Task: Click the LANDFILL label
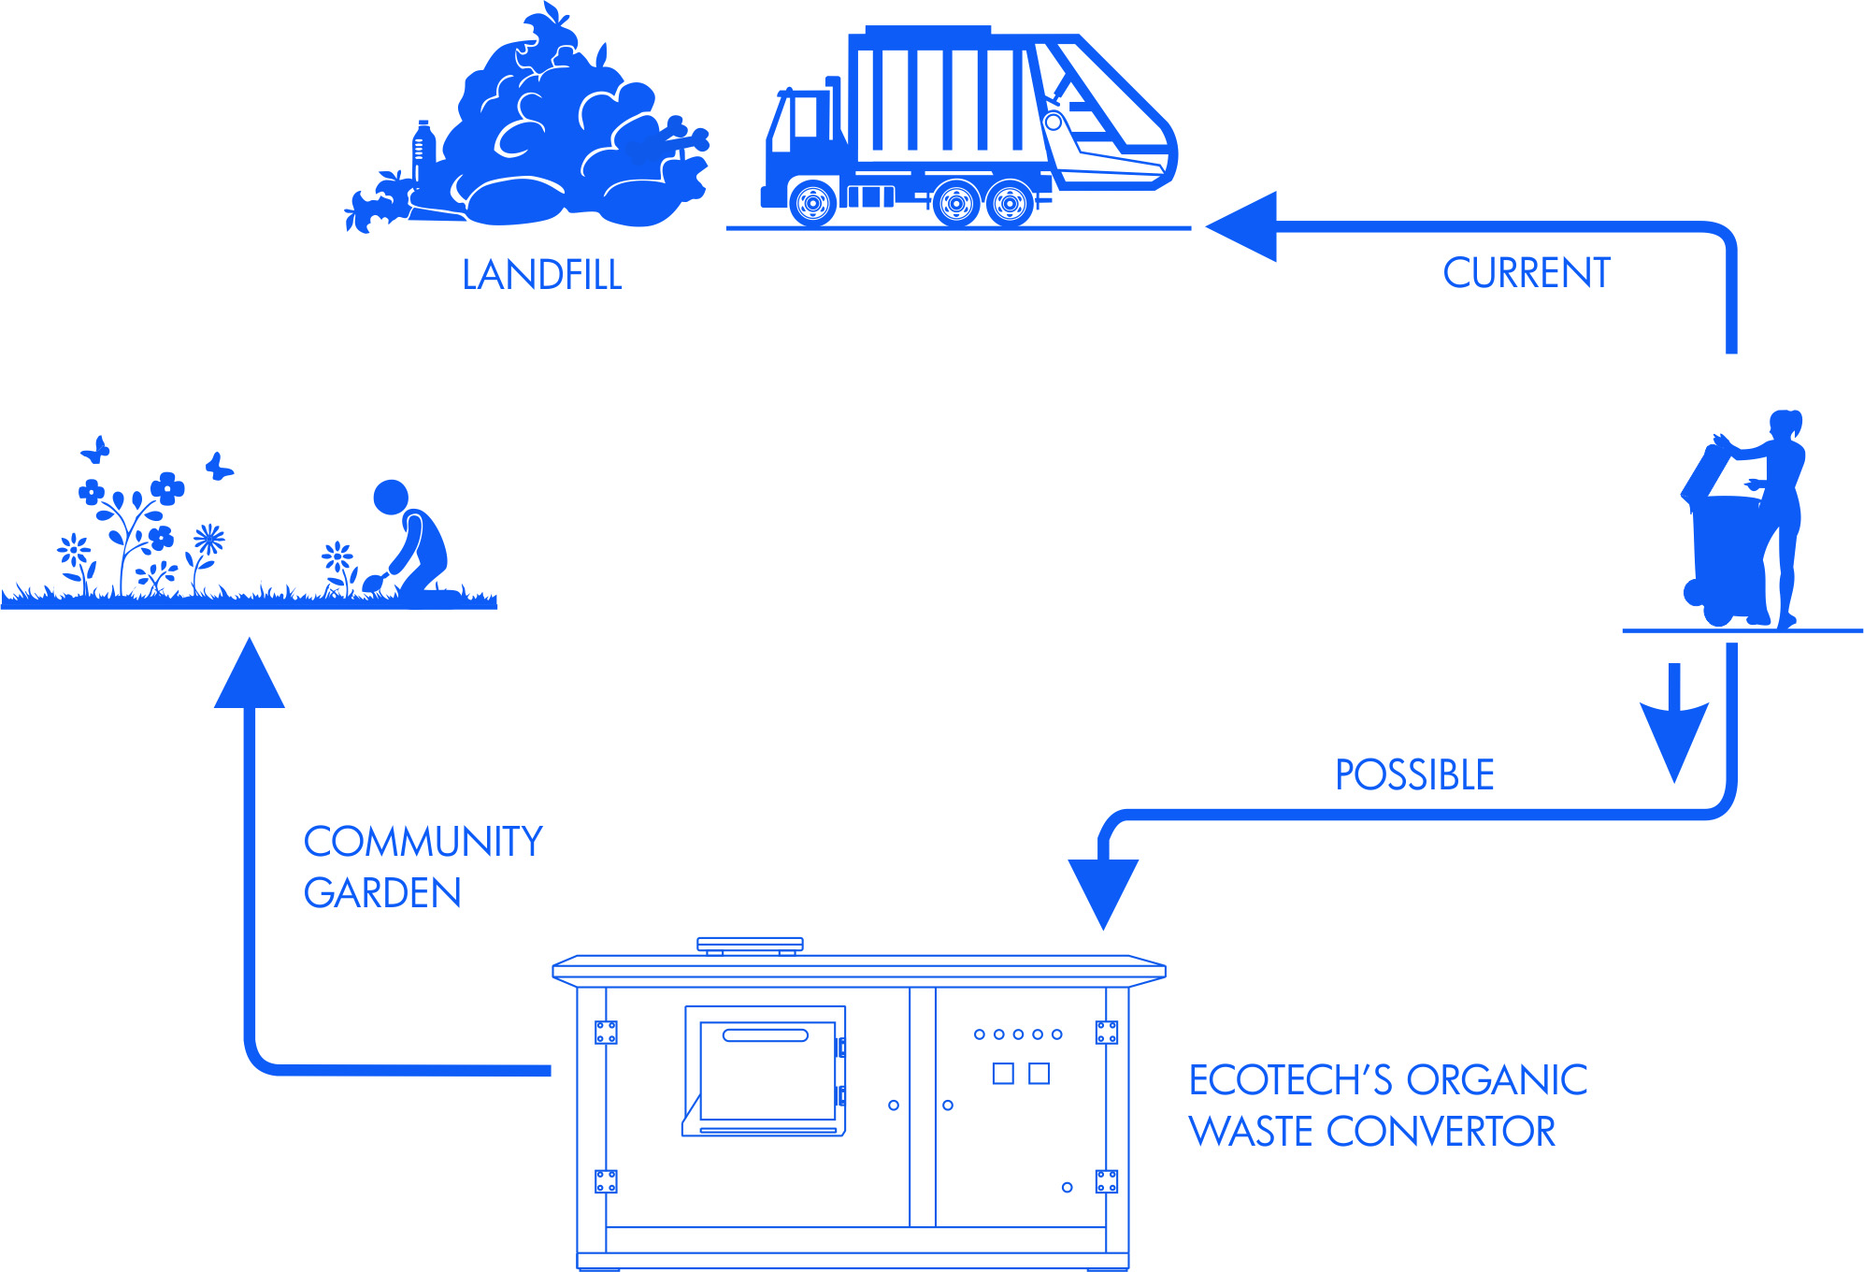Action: [x=542, y=275]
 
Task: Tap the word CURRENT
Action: [x=1526, y=273]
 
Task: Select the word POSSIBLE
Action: [x=1413, y=775]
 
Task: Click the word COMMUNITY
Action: [x=423, y=842]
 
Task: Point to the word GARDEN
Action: [x=382, y=893]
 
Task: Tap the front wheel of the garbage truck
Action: [x=812, y=202]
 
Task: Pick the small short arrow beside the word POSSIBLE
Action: [x=1674, y=730]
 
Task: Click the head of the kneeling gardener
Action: [x=391, y=497]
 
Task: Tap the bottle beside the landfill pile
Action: [x=423, y=150]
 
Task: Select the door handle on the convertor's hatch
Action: [x=765, y=1035]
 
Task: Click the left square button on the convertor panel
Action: [x=1003, y=1073]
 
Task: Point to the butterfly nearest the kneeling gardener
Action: [x=219, y=466]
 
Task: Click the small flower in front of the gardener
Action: [x=337, y=559]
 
